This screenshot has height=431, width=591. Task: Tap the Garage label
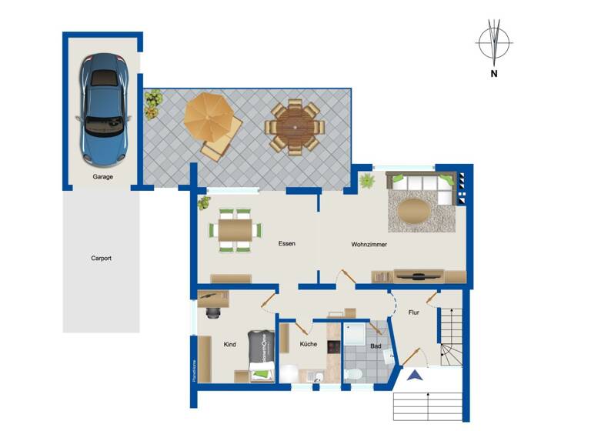103,177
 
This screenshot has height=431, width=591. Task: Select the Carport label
101,259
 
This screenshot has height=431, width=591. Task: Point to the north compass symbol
492,44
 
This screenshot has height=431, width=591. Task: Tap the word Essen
287,244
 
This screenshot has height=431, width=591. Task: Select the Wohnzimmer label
369,244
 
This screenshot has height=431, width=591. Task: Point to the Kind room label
229,345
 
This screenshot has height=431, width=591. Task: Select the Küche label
309,345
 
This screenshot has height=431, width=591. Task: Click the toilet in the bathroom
355,373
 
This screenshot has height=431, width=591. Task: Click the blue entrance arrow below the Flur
415,376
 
